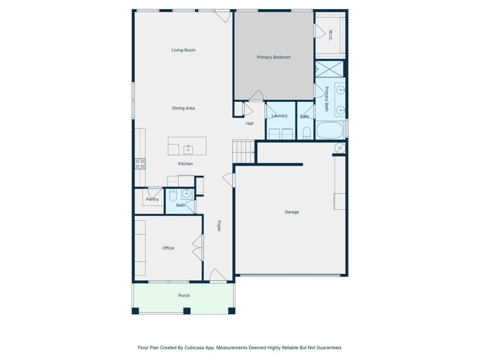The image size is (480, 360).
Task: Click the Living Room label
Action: point(183,50)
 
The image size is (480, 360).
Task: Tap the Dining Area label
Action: point(183,108)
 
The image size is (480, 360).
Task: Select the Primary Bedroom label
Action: point(274,57)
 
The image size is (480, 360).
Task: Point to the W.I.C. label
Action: point(330,35)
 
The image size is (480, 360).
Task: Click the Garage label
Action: point(292,212)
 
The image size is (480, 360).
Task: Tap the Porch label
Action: point(184,296)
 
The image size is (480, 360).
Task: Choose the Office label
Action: point(168,248)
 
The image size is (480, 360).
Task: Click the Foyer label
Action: point(219,226)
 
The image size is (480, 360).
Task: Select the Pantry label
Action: point(153,199)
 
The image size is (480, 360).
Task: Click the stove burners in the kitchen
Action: point(140,164)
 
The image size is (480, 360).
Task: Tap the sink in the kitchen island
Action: point(188,150)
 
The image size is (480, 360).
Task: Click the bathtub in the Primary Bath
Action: point(329,131)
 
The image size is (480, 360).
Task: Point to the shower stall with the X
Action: point(329,69)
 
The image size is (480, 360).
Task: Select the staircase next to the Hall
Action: point(244,152)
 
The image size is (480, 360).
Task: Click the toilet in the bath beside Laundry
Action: point(306,133)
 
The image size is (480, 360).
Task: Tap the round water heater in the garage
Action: point(340,148)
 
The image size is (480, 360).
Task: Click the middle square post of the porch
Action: point(187,311)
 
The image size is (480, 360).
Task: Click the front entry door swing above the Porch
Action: point(218,275)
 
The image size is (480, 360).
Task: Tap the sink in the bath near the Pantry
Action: point(186,193)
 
